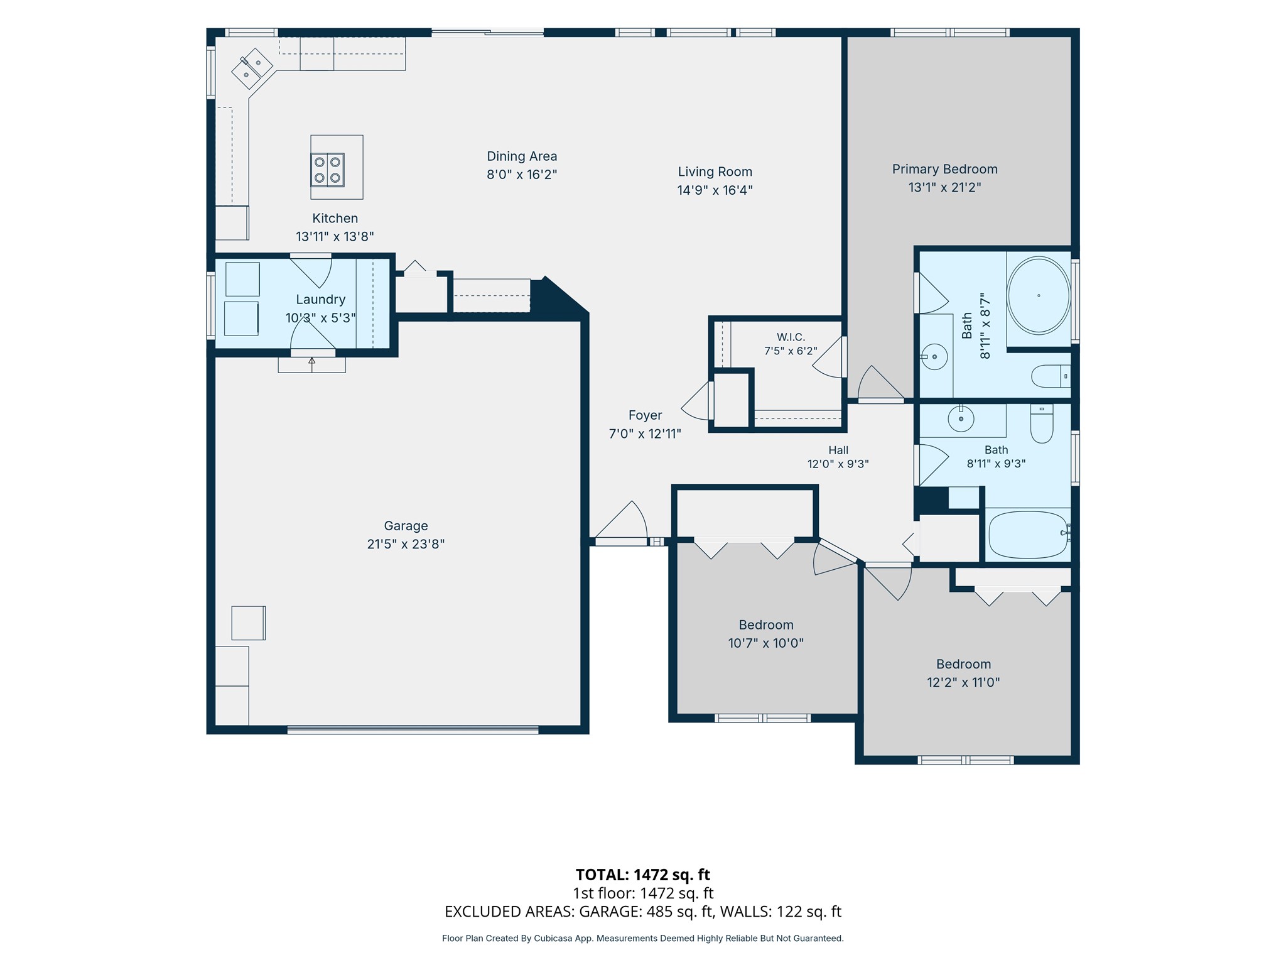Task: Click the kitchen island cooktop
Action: coord(328,170)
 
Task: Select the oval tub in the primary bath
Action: coord(1039,295)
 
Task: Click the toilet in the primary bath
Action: coord(1051,376)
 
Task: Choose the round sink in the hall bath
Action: coord(961,418)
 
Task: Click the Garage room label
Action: coord(406,526)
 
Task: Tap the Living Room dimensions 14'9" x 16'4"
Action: coord(715,190)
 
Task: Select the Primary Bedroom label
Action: coord(944,169)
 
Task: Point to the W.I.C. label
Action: coord(791,337)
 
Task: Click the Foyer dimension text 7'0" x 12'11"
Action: coord(645,433)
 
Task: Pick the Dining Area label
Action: coord(522,156)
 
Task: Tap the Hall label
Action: coord(838,450)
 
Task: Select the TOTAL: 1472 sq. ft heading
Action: coord(643,875)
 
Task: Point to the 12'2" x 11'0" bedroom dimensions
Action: coord(963,682)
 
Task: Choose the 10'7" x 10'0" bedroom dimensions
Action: coord(766,643)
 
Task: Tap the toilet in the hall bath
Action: coord(1042,424)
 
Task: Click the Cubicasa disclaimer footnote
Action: coord(643,939)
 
